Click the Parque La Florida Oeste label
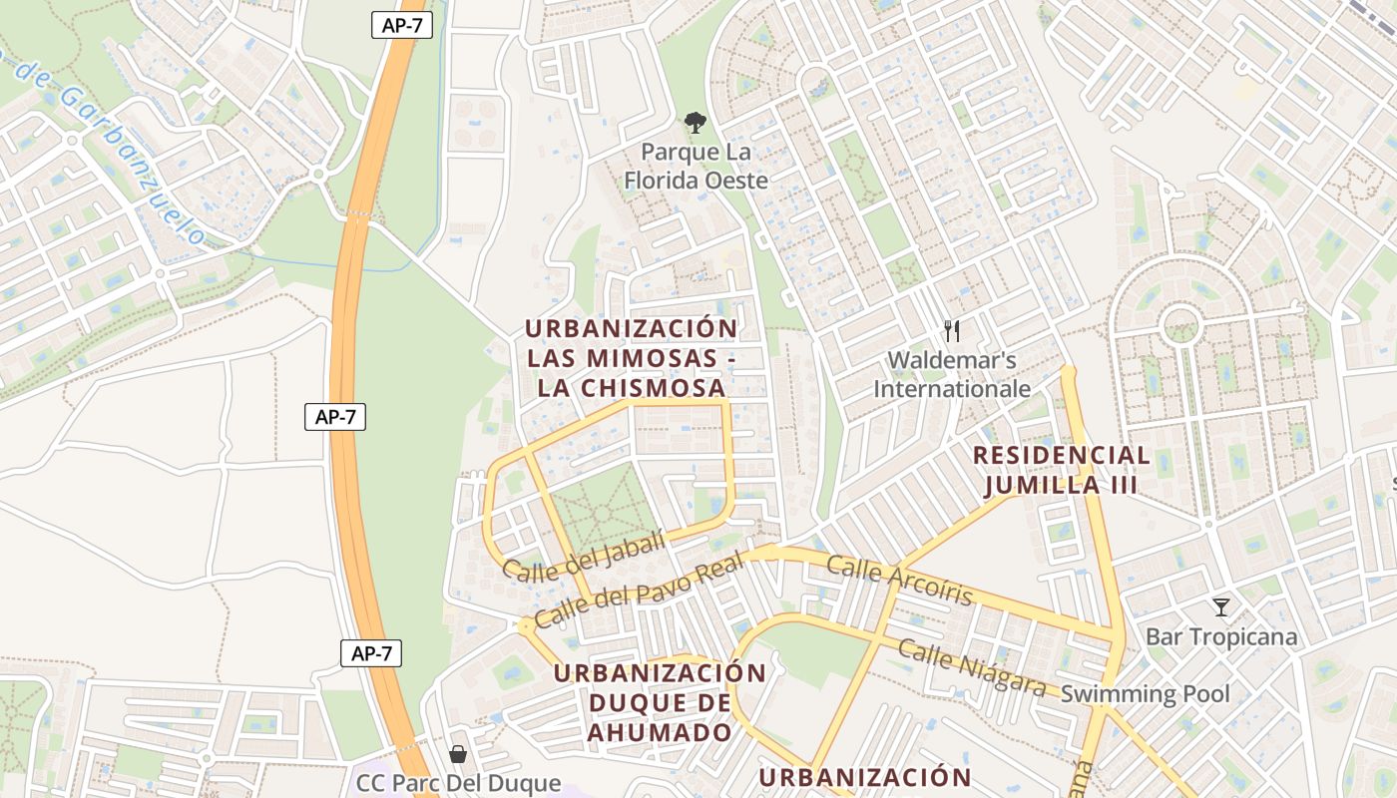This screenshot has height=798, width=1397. [x=696, y=167]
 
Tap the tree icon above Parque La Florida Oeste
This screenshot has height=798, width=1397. [x=695, y=124]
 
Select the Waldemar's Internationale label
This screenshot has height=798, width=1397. [x=952, y=374]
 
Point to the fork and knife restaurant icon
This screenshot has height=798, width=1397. [x=952, y=331]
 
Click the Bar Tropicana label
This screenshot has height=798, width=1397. [x=1221, y=636]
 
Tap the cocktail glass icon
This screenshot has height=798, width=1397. [x=1220, y=606]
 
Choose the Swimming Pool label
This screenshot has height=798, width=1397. [x=1145, y=694]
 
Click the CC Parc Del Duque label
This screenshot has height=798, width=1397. [x=459, y=784]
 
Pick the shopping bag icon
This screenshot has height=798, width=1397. [x=458, y=754]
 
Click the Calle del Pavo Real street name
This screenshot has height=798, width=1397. [x=640, y=593]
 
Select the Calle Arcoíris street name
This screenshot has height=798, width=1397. [x=899, y=582]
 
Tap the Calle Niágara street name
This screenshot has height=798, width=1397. [x=972, y=668]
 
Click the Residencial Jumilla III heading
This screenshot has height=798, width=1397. [x=1061, y=471]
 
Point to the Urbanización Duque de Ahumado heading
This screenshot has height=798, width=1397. [x=660, y=702]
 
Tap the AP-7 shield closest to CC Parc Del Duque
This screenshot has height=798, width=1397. [x=371, y=653]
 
